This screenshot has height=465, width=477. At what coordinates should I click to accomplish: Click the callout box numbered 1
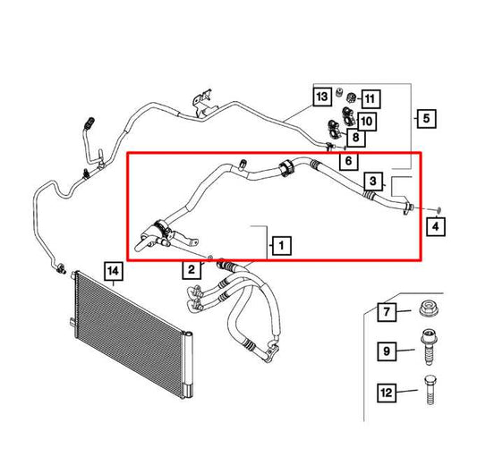(x=280, y=244)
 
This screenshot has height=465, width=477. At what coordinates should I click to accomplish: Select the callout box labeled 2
(x=191, y=269)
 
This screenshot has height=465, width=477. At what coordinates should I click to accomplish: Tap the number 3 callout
(x=371, y=181)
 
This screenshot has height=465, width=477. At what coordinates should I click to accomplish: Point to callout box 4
(x=435, y=227)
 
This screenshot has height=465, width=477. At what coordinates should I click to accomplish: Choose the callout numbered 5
(x=425, y=117)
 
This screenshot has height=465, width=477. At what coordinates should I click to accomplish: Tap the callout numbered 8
(x=355, y=138)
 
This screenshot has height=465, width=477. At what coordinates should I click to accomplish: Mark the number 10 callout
(x=368, y=120)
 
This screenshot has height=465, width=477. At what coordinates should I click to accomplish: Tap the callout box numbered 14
(x=113, y=268)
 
